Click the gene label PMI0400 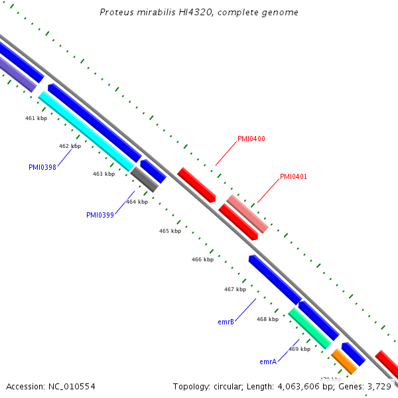coord(251,139)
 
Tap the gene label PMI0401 coord(293,177)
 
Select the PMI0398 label coord(42,168)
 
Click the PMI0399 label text coord(100,215)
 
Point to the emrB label coord(226,322)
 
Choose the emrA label coord(268,362)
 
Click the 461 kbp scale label coord(36,118)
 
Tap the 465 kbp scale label coord(170,232)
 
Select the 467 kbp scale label coord(235,289)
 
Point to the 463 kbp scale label coord(103,174)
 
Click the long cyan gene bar coord(86,131)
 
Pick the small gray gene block coord(145,180)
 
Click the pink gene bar coord(247,214)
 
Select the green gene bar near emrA coord(310,328)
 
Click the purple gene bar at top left coord(17,74)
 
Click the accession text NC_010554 coord(72,386)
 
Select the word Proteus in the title coord(115,13)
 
